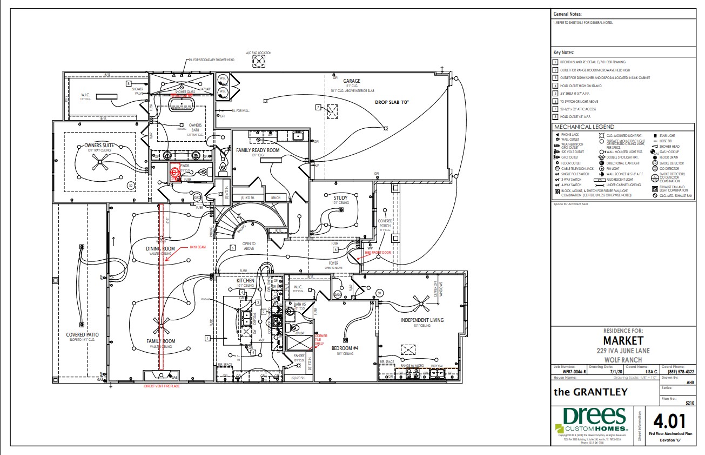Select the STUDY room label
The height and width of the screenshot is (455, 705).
340,197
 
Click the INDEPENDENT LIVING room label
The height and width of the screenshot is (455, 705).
422,320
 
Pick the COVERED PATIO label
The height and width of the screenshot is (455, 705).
82,335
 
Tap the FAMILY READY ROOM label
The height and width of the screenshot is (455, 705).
258,150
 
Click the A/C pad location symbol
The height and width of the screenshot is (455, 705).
260,62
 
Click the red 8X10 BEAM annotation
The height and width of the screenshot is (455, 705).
198,247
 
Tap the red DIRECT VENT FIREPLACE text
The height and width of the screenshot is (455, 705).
162,386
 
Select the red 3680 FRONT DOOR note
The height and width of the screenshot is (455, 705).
377,253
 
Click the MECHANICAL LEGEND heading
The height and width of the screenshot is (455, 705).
576,127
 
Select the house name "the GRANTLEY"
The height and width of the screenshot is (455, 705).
590,392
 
